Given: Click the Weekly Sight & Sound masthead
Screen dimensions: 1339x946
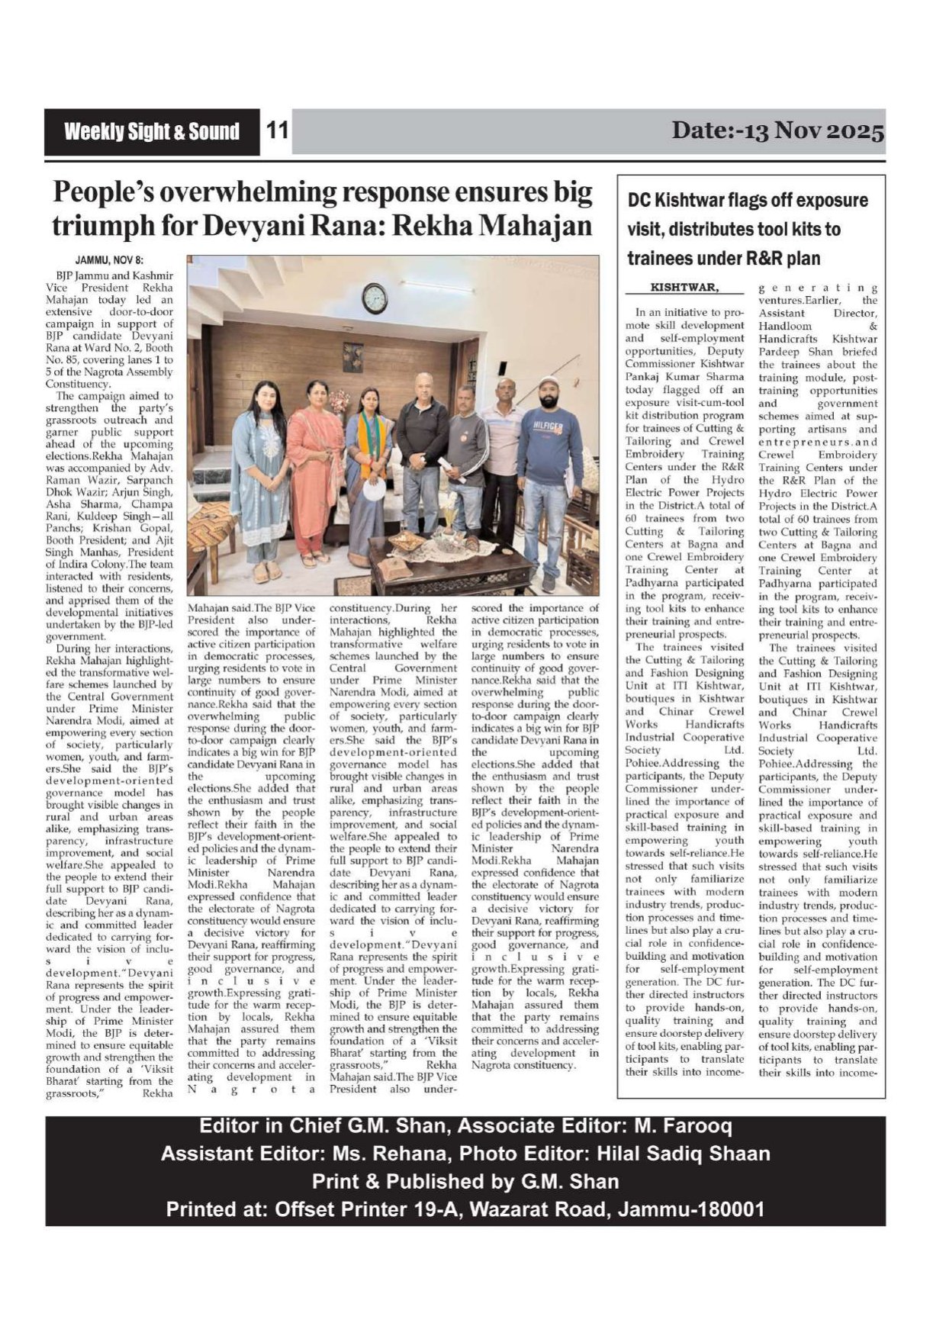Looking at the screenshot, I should coord(151,132).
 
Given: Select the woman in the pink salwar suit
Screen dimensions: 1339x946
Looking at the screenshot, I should coord(315,473).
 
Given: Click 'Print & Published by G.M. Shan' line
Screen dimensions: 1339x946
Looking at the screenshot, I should coord(465,1182).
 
